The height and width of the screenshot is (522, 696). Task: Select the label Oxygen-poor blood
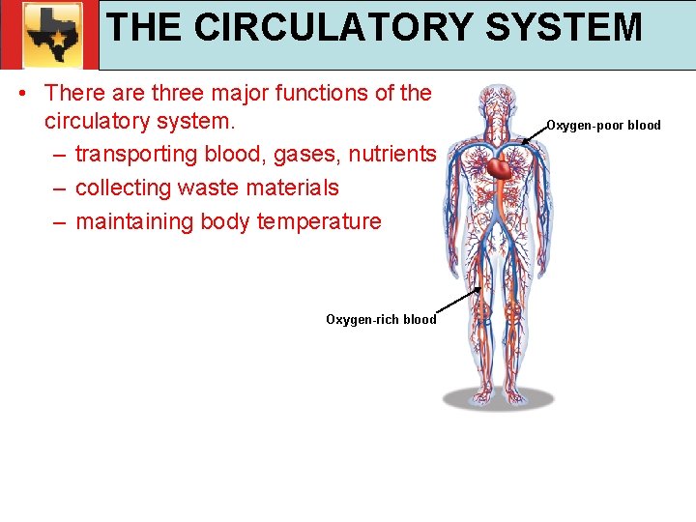[x=603, y=125]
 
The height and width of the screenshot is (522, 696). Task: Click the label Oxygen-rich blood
[x=381, y=319]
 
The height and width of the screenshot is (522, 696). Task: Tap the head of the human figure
[x=498, y=101]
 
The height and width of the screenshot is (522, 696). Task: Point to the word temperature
[x=319, y=221]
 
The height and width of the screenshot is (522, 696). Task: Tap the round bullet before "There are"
[x=22, y=95]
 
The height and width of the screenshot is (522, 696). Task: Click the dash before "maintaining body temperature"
[x=60, y=222]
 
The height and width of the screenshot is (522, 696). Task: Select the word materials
[x=295, y=188]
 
